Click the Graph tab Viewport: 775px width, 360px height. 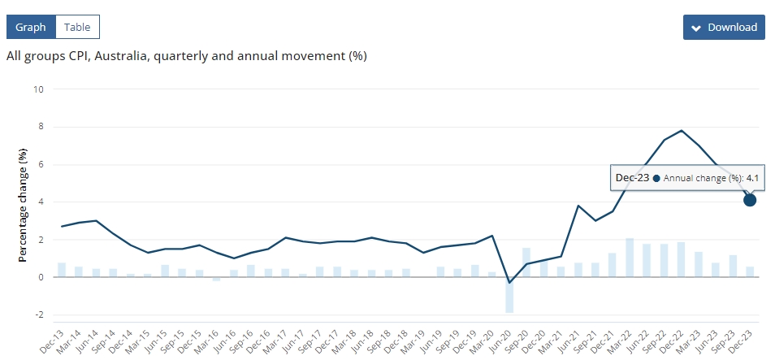pyautogui.click(x=31, y=27)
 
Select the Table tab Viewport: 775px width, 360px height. pyautogui.click(x=77, y=27)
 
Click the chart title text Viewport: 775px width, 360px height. pyautogui.click(x=186, y=56)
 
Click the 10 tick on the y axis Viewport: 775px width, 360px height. pyautogui.click(x=37, y=89)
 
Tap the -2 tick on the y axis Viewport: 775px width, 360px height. pyautogui.click(x=37, y=314)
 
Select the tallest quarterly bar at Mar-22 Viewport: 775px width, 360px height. pyautogui.click(x=630, y=258)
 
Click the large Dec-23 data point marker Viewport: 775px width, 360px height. pyautogui.click(x=750, y=200)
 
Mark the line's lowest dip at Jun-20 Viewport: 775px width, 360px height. pyautogui.click(x=509, y=283)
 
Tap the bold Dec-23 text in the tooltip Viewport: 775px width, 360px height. pyautogui.click(x=632, y=177)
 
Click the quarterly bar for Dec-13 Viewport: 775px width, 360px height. pyautogui.click(x=62, y=270)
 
